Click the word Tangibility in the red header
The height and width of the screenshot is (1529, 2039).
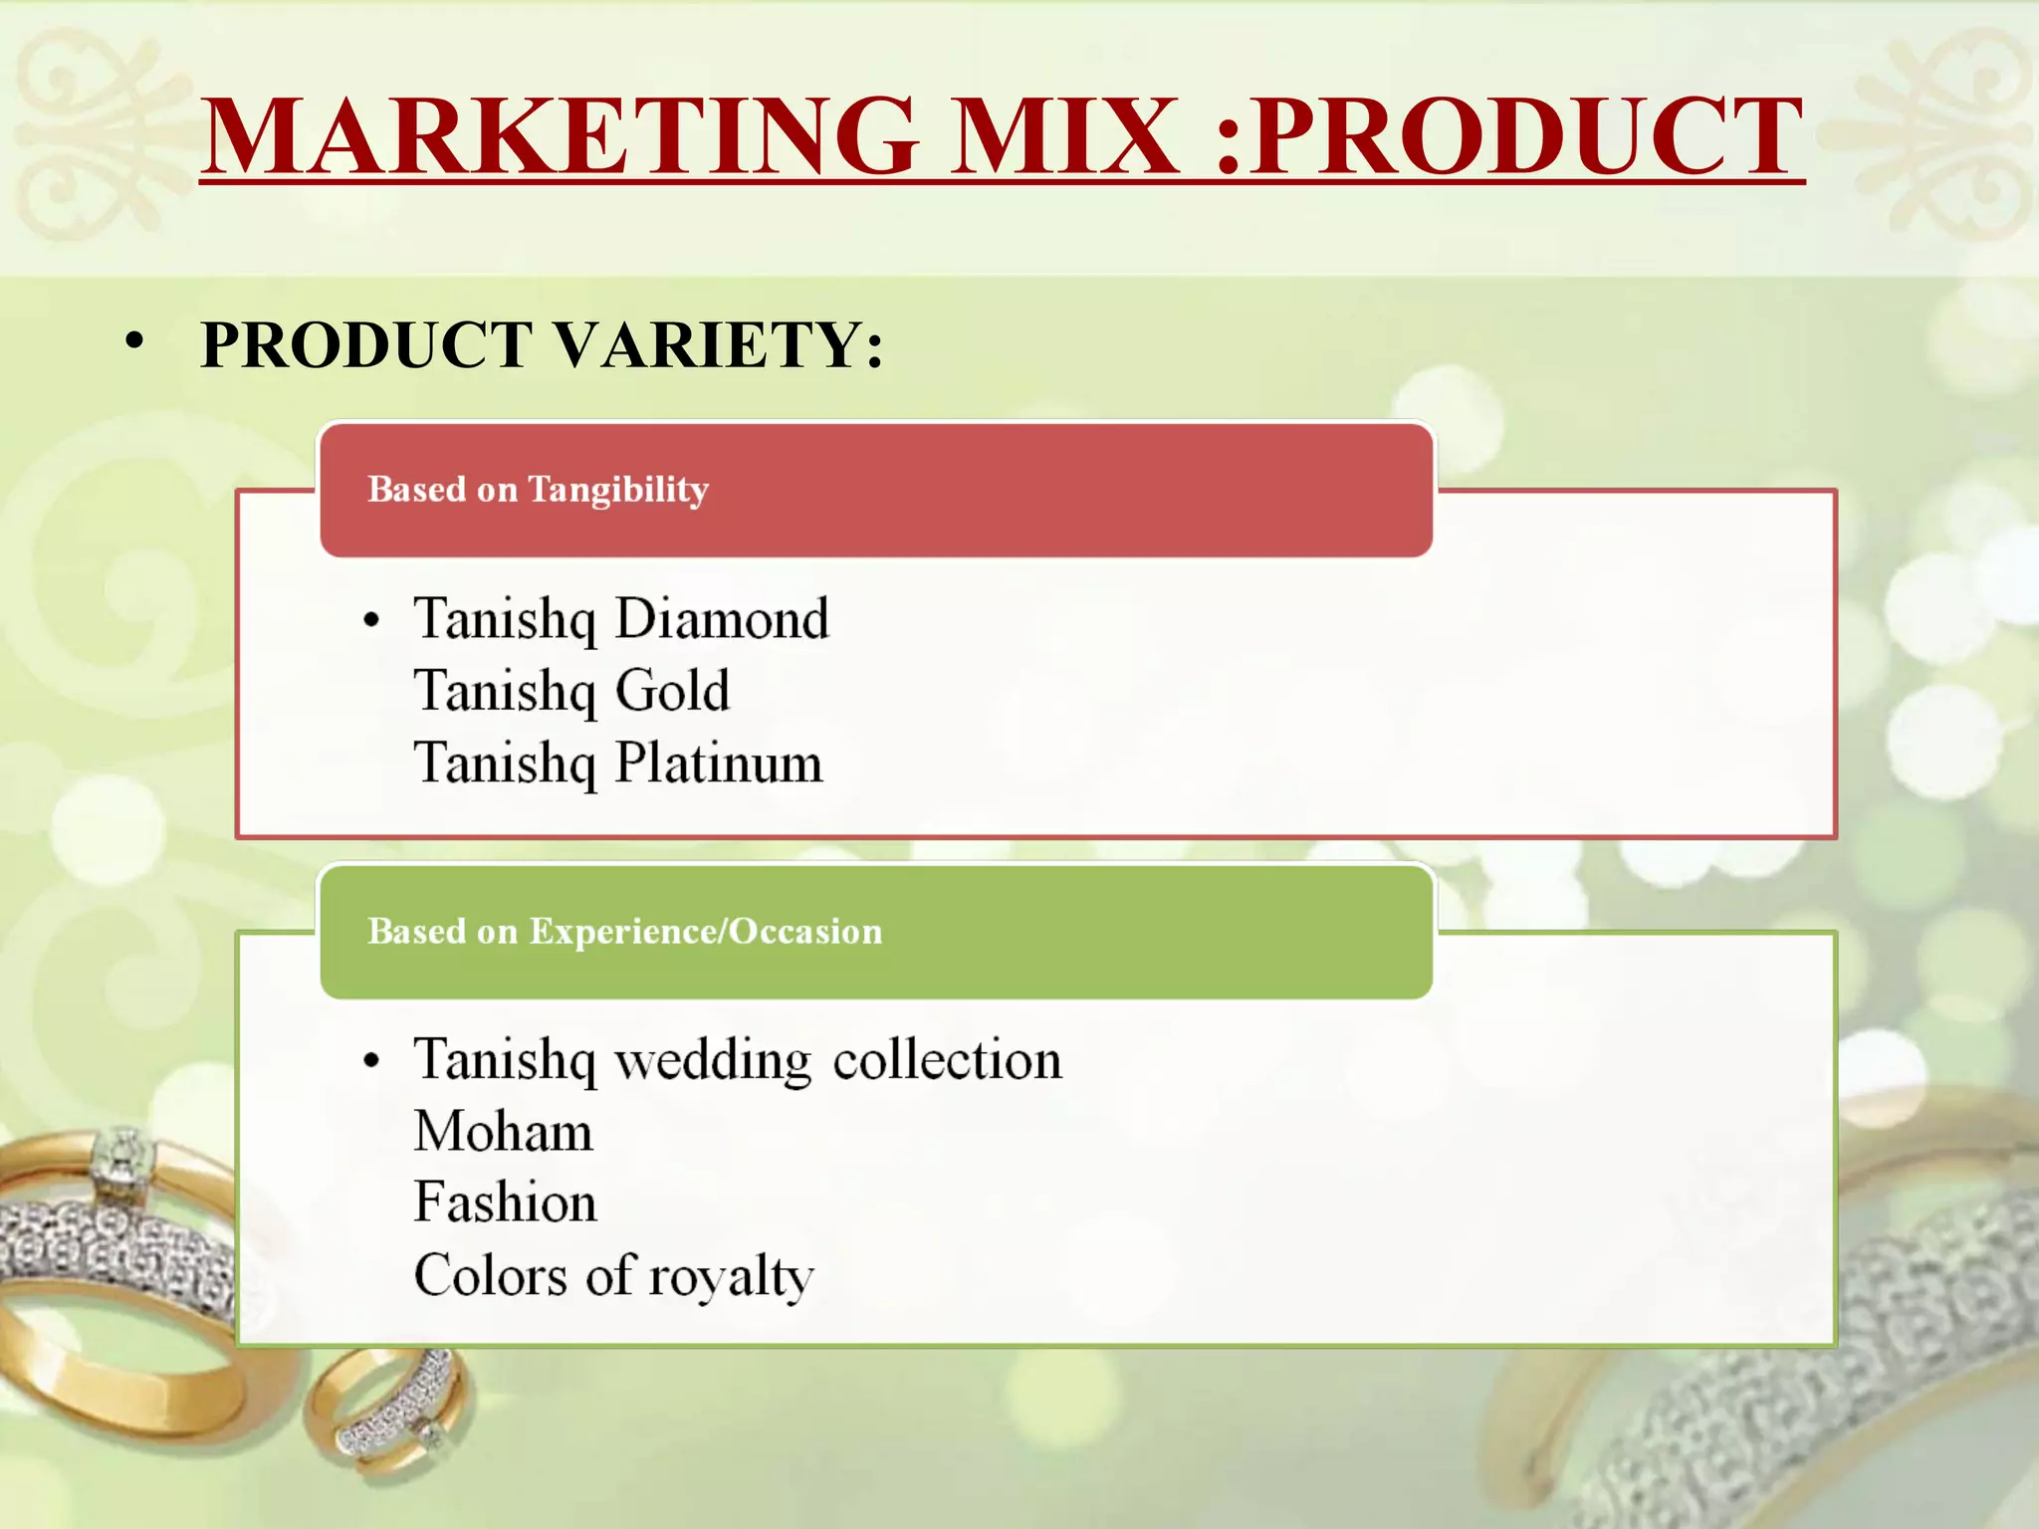618,490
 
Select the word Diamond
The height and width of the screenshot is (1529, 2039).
722,619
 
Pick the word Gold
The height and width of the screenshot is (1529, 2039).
672,691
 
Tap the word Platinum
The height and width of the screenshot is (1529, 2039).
719,764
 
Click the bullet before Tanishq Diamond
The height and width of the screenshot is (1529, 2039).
372,621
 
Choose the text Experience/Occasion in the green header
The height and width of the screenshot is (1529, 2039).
705,932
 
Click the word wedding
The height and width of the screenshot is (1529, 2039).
713,1060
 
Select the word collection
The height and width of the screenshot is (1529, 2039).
947,1060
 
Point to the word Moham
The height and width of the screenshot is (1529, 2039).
503,1132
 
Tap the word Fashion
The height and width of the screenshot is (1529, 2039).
505,1202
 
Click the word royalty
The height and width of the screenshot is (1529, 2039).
731,1277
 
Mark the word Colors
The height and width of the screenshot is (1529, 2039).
491,1275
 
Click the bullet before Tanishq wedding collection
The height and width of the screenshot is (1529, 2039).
372,1061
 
